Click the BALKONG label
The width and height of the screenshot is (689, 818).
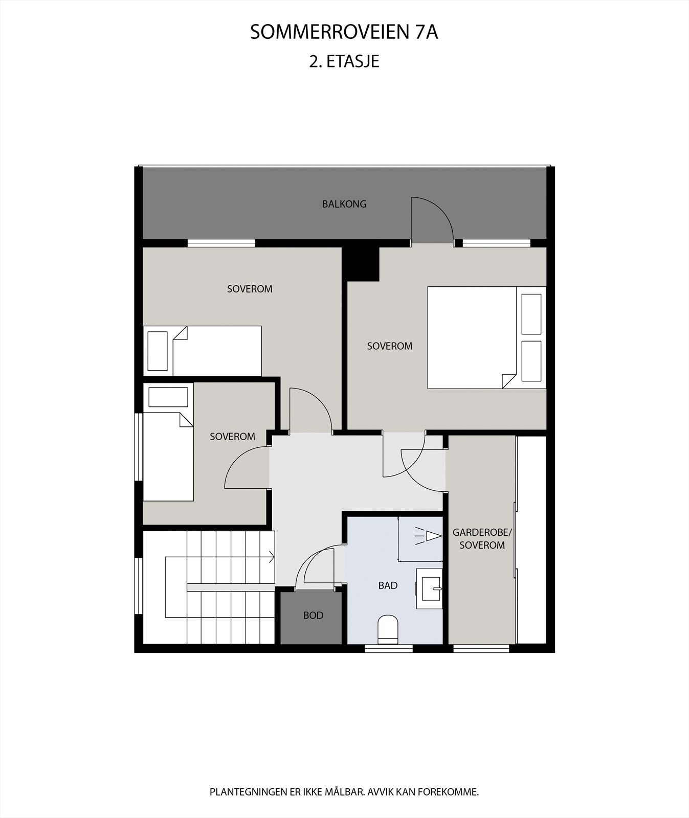pos(344,204)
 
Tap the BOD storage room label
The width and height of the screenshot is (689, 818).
pos(313,616)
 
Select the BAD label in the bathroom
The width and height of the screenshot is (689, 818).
pos(388,586)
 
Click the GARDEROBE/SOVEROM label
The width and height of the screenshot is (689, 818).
pos(482,539)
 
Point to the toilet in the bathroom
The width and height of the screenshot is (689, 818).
pos(388,629)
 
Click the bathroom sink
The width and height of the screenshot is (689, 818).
pos(429,588)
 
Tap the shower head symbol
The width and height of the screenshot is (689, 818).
pos(429,536)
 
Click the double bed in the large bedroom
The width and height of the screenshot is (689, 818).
pos(471,337)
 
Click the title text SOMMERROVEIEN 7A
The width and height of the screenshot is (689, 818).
pos(344,32)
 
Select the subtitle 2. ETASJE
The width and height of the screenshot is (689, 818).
pos(344,61)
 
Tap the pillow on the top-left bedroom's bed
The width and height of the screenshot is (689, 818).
pos(158,351)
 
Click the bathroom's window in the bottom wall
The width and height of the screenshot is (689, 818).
pos(388,648)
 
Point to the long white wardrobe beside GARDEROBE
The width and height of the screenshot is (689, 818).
pos(532,539)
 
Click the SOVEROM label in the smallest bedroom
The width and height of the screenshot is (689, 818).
pos(232,437)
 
